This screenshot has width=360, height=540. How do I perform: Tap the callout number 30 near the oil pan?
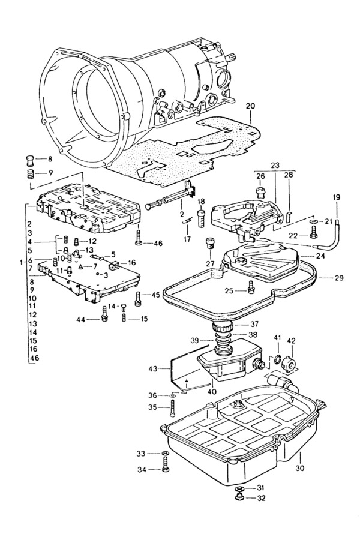click(300, 469)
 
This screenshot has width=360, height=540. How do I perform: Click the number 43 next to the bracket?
click(152, 369)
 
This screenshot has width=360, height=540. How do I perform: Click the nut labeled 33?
click(165, 453)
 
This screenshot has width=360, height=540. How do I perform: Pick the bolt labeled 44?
click(104, 314)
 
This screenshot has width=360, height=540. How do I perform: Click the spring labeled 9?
click(31, 173)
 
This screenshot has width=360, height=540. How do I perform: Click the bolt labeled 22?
click(313, 232)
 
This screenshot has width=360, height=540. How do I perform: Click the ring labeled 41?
click(278, 360)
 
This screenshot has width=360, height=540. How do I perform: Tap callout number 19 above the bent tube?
click(337, 197)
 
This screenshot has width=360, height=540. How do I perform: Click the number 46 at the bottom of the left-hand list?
click(34, 358)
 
